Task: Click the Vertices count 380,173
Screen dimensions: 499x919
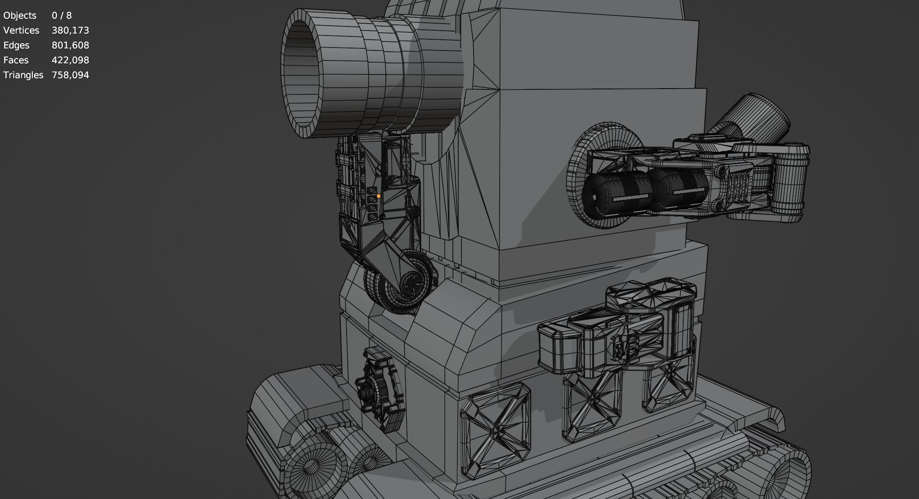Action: click(70, 30)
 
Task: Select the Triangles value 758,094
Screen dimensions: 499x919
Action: click(70, 75)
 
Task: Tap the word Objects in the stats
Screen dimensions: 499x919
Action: click(20, 15)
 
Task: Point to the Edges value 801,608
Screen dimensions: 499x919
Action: click(70, 45)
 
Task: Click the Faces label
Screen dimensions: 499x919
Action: click(16, 60)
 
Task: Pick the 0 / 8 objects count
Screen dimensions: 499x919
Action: click(62, 15)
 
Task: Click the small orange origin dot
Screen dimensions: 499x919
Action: click(378, 196)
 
